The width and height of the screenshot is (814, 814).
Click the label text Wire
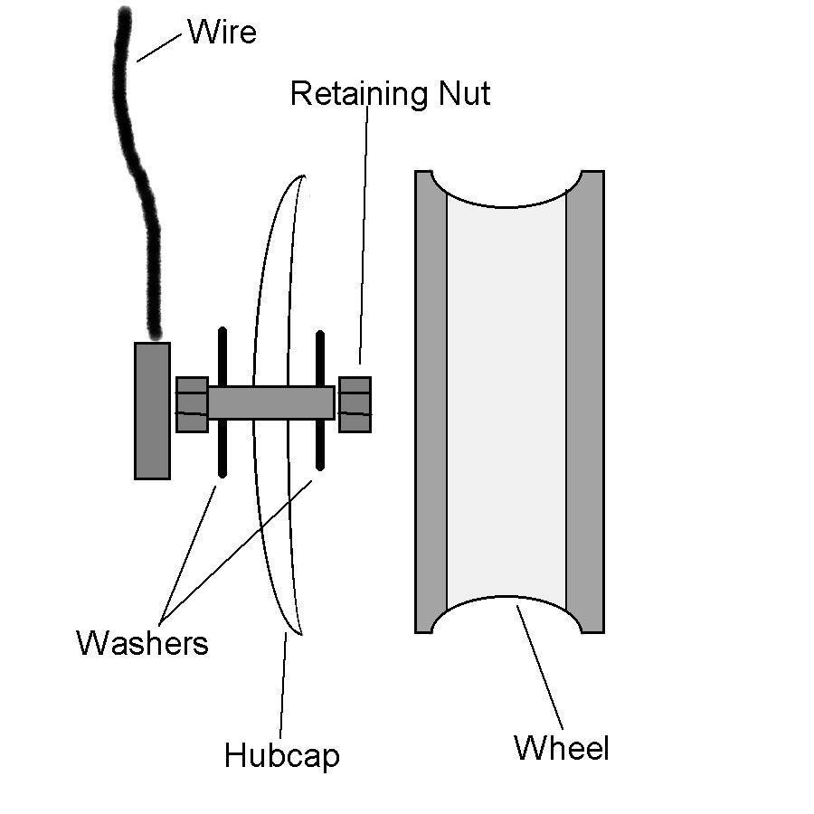click(222, 33)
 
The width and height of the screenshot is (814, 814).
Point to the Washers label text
click(142, 643)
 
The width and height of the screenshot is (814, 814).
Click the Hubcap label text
click(281, 754)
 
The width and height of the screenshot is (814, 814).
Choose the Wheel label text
click(562, 748)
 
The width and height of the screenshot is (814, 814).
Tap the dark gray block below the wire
click(152, 410)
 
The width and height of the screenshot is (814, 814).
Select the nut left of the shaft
click(192, 403)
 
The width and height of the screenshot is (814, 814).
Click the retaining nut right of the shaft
click(355, 403)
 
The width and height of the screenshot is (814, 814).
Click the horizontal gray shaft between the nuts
click(271, 402)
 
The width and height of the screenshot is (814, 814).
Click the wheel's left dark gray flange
click(431, 402)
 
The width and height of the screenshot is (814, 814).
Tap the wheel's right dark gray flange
click(584, 402)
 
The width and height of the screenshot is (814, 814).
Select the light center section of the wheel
click(506, 402)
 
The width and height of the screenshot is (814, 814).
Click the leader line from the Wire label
click(160, 48)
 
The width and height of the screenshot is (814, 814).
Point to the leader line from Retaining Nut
click(364, 235)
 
